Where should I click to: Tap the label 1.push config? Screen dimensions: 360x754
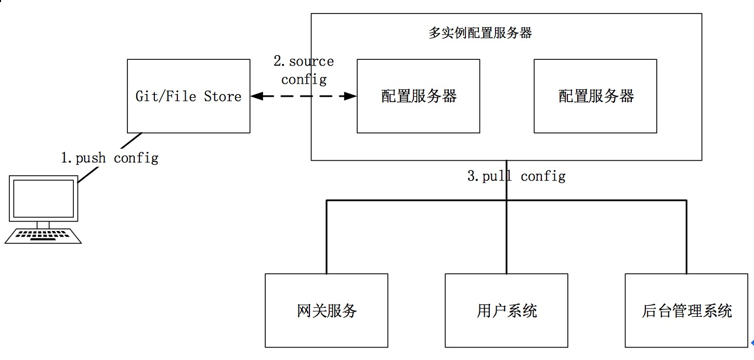109,158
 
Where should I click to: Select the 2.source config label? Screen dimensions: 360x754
304,70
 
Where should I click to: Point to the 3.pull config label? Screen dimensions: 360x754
516,176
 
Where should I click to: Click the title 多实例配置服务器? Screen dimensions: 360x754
480,33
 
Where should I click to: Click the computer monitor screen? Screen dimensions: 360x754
44,199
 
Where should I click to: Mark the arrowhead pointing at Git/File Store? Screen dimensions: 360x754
255,96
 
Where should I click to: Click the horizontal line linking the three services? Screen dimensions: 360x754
416,200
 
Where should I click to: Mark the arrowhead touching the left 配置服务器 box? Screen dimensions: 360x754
352,96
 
